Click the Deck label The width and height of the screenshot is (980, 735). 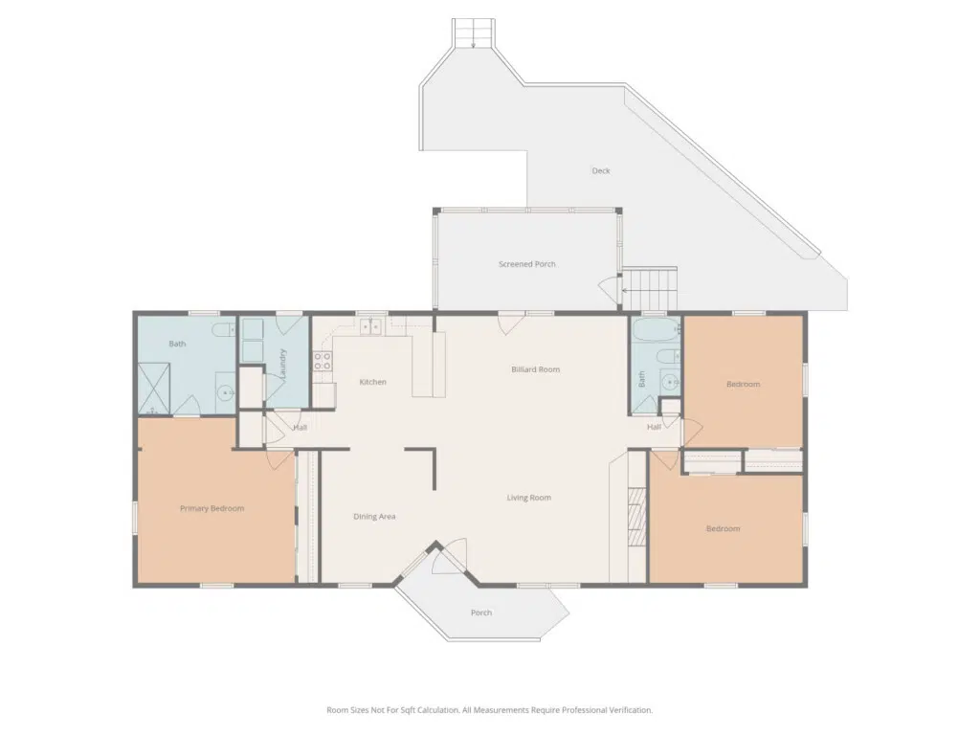[x=601, y=170]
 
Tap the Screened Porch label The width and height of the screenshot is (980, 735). [x=527, y=264]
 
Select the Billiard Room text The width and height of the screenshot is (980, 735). [x=536, y=369]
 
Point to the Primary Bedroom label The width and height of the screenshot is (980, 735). [x=212, y=509]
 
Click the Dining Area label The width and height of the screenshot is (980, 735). [x=374, y=516]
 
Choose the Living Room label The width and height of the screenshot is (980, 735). [x=528, y=498]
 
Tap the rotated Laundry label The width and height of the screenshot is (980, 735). [x=283, y=365]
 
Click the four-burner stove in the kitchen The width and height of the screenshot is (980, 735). [x=323, y=361]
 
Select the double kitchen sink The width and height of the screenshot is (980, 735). [x=371, y=326]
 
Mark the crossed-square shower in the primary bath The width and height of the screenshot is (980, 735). [x=154, y=388]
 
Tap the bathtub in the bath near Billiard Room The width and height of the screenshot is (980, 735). [x=656, y=329]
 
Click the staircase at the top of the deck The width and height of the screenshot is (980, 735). [x=474, y=33]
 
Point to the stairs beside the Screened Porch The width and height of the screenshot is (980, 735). [x=650, y=289]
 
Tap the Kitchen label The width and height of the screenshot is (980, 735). [x=372, y=382]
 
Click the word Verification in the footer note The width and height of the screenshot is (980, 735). [x=628, y=710]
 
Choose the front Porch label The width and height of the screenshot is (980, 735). [x=481, y=612]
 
